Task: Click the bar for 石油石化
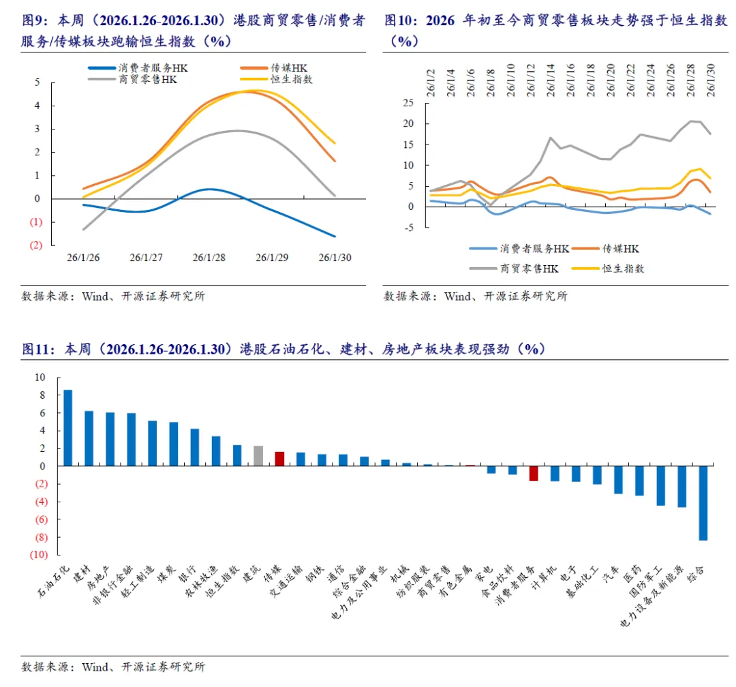67,428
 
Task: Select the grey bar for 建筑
258,456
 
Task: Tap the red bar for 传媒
279,459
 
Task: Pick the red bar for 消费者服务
534,474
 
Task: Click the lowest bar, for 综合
703,503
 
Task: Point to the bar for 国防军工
660,486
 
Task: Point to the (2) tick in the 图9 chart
36,245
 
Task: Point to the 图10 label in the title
400,20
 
